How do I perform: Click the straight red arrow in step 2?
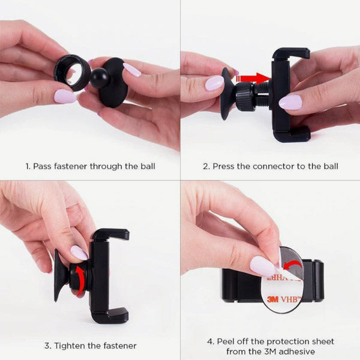tap(254, 78)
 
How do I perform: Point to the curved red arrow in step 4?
tap(292, 264)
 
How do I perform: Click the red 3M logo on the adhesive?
tap(273, 299)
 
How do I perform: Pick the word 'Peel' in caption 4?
tap(225, 341)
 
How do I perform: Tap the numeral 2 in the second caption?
tap(205, 166)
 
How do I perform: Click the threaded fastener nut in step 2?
tap(245, 97)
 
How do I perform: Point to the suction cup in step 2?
tap(226, 94)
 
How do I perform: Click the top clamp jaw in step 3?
tap(110, 234)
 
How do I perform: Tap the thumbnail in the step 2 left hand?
tap(214, 83)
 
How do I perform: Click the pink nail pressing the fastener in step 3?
tap(79, 253)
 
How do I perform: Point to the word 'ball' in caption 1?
tap(148, 166)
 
